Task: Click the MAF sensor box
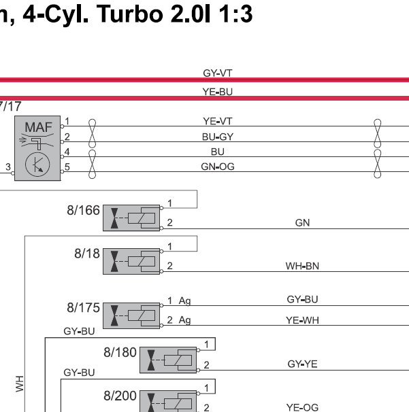[x=37, y=148]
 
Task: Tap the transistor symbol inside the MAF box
[x=37, y=165]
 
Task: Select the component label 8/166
[x=83, y=211]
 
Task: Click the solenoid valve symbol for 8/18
[x=131, y=262]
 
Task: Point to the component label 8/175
[x=83, y=308]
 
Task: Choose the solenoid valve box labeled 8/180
[x=168, y=360]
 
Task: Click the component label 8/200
[x=120, y=396]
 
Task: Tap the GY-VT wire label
[x=218, y=73]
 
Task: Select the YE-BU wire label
[x=218, y=92]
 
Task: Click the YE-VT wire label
[x=218, y=122]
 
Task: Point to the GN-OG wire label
[x=218, y=167]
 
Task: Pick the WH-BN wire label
[x=302, y=267]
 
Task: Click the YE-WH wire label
[x=302, y=320]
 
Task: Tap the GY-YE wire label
[x=302, y=364]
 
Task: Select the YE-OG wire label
[x=302, y=407]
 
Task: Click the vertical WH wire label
[x=20, y=384]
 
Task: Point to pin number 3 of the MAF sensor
[x=8, y=167]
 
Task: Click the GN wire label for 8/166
[x=302, y=223]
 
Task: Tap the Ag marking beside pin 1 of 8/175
[x=184, y=301]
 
